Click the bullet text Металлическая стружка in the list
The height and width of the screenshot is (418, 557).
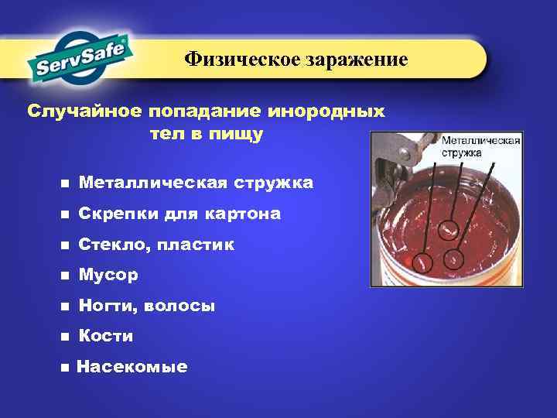coord(195,183)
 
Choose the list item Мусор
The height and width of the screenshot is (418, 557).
coord(108,275)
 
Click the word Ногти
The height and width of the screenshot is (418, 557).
coord(104,306)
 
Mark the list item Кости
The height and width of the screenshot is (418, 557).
coord(106,336)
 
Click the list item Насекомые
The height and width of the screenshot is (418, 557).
coord(132,367)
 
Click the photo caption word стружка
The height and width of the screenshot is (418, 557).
coord(462,153)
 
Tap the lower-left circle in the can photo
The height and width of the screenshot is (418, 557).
coord(422,263)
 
